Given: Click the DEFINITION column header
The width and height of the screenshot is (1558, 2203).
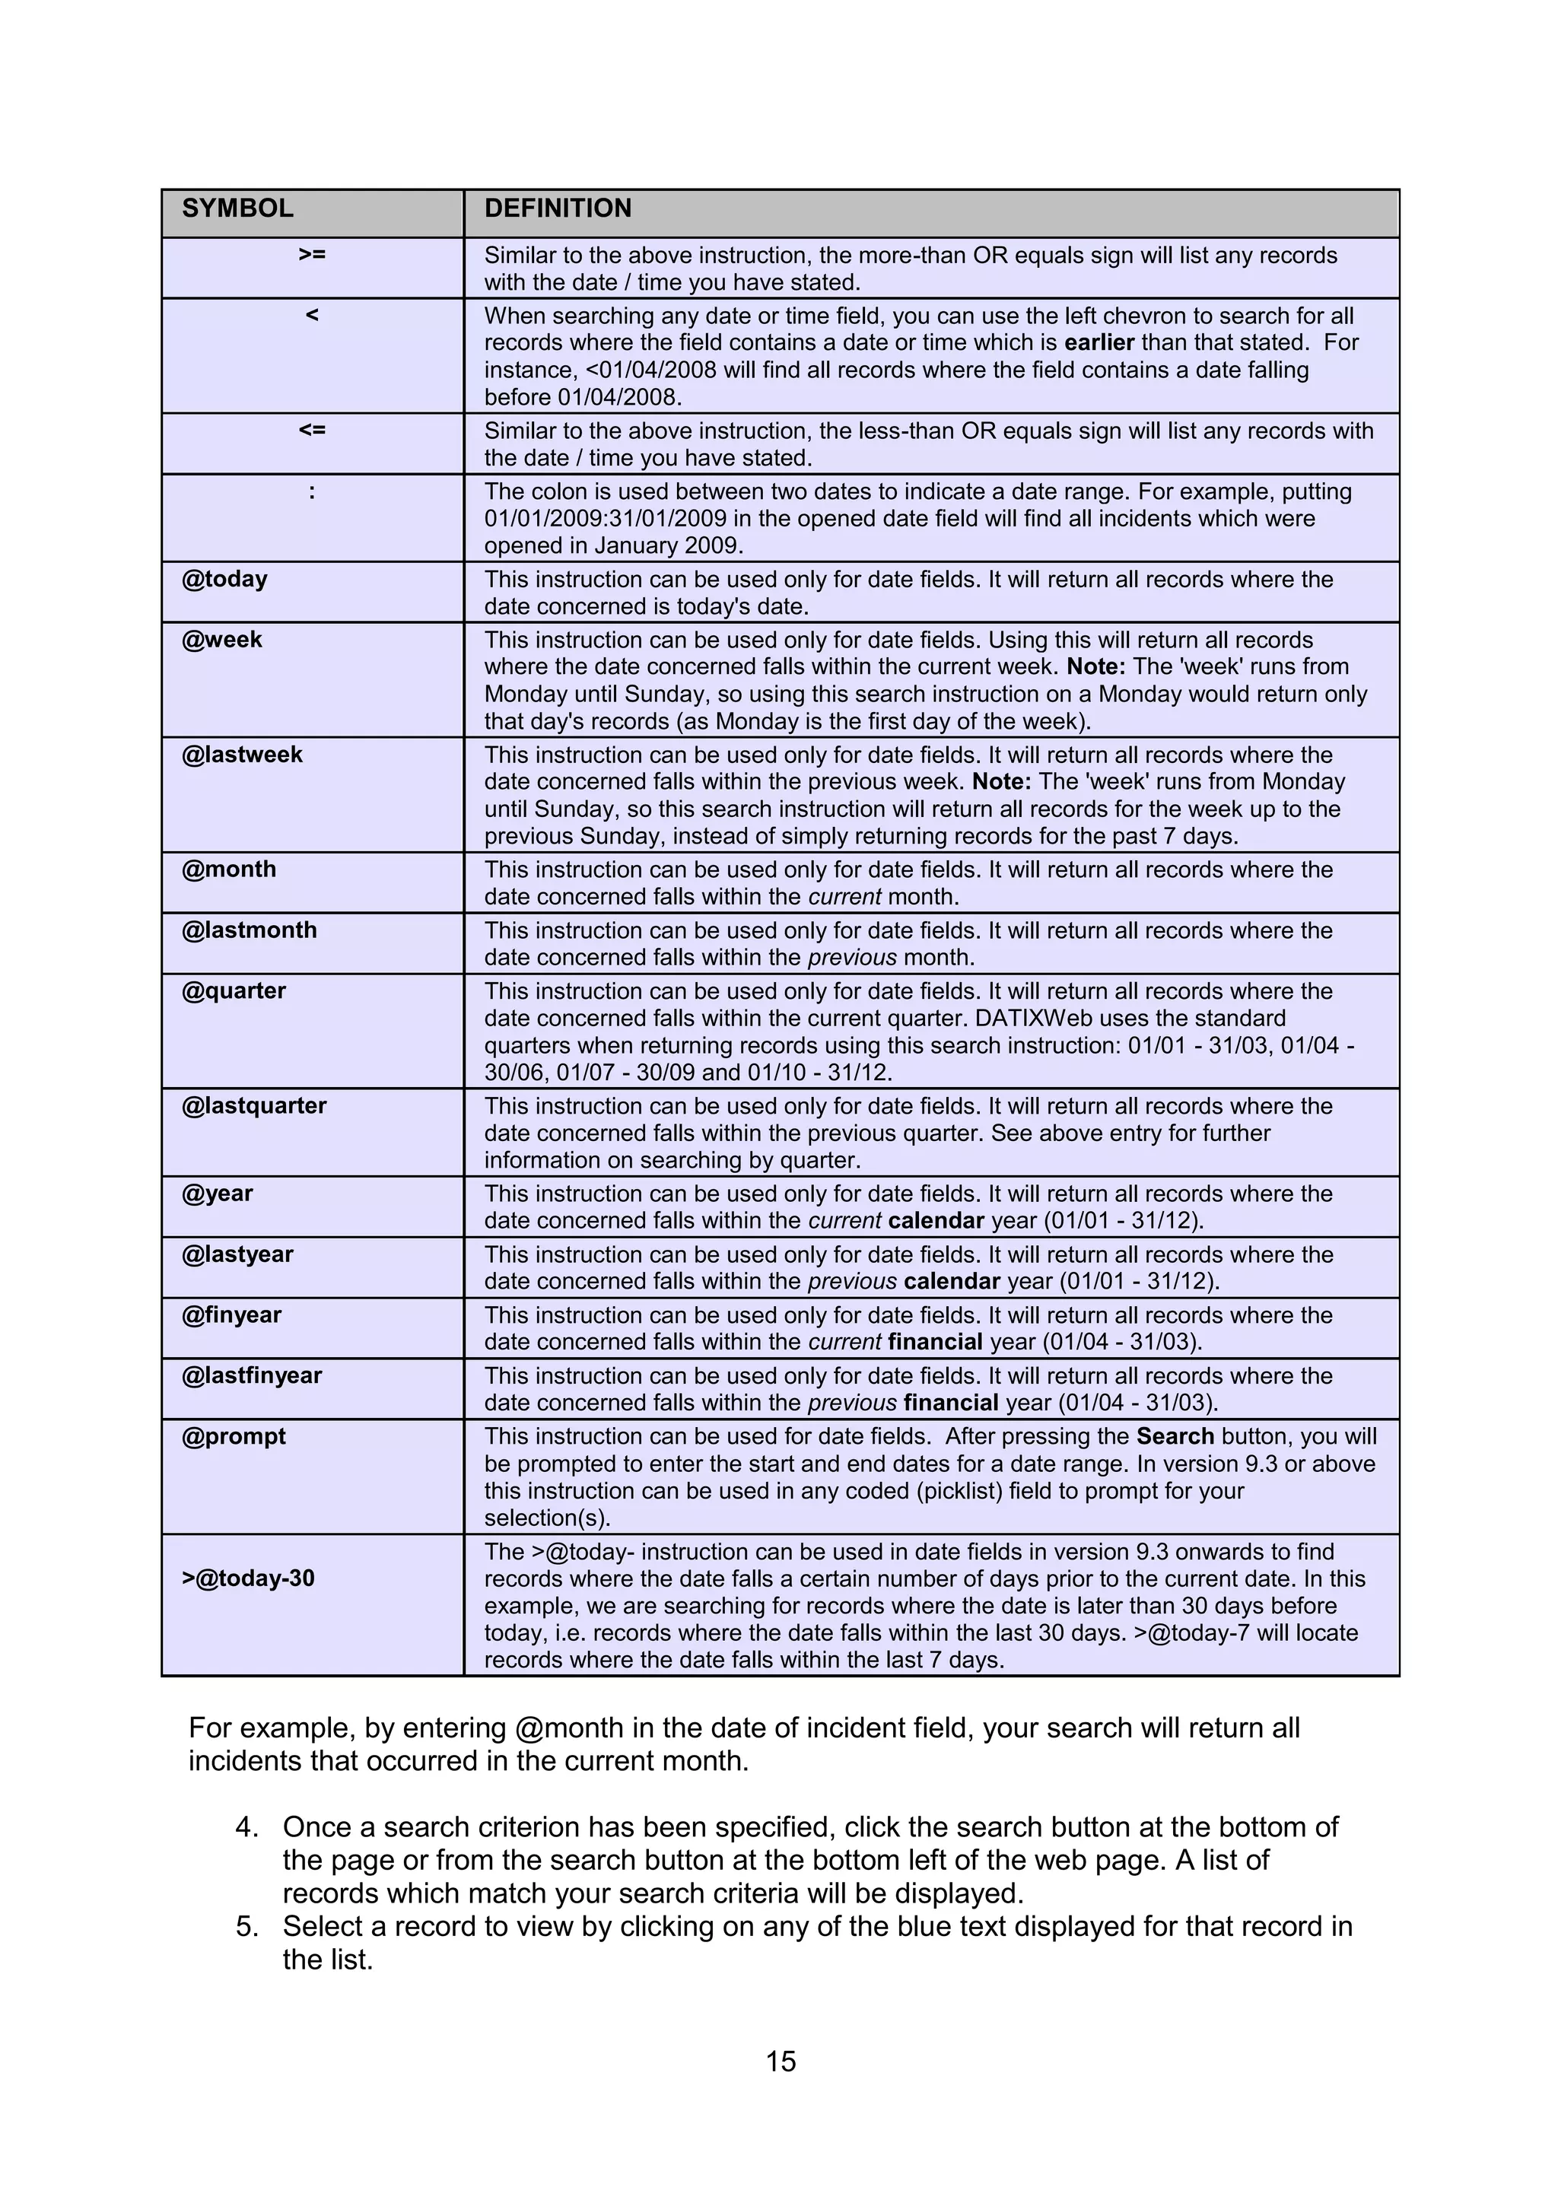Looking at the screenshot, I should (558, 208).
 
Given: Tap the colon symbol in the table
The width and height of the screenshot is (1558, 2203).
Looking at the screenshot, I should (312, 492).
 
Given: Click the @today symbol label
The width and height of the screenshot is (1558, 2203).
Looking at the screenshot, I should (224, 579).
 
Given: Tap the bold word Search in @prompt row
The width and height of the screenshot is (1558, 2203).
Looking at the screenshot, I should (1175, 1436).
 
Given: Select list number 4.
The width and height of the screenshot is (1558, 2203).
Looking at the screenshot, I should (246, 1827).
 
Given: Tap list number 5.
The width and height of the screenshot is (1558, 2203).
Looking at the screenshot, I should (246, 1927).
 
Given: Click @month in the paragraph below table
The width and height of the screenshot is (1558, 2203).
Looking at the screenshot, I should (569, 1728).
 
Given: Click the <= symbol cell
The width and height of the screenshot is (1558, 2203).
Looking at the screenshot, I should (312, 430).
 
